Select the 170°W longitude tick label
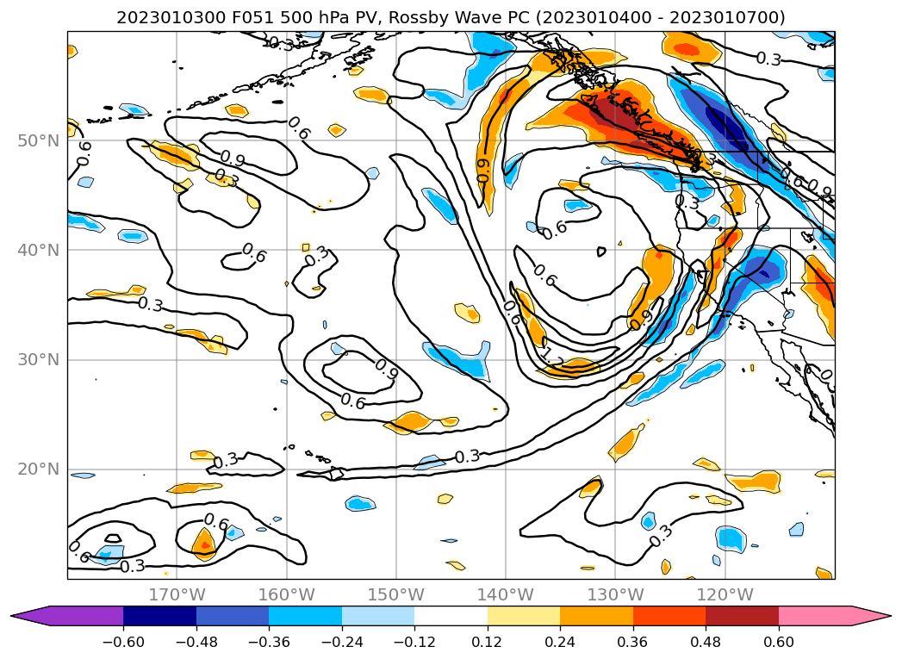[177, 594]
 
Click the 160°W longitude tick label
[286, 594]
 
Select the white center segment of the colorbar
[451, 615]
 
